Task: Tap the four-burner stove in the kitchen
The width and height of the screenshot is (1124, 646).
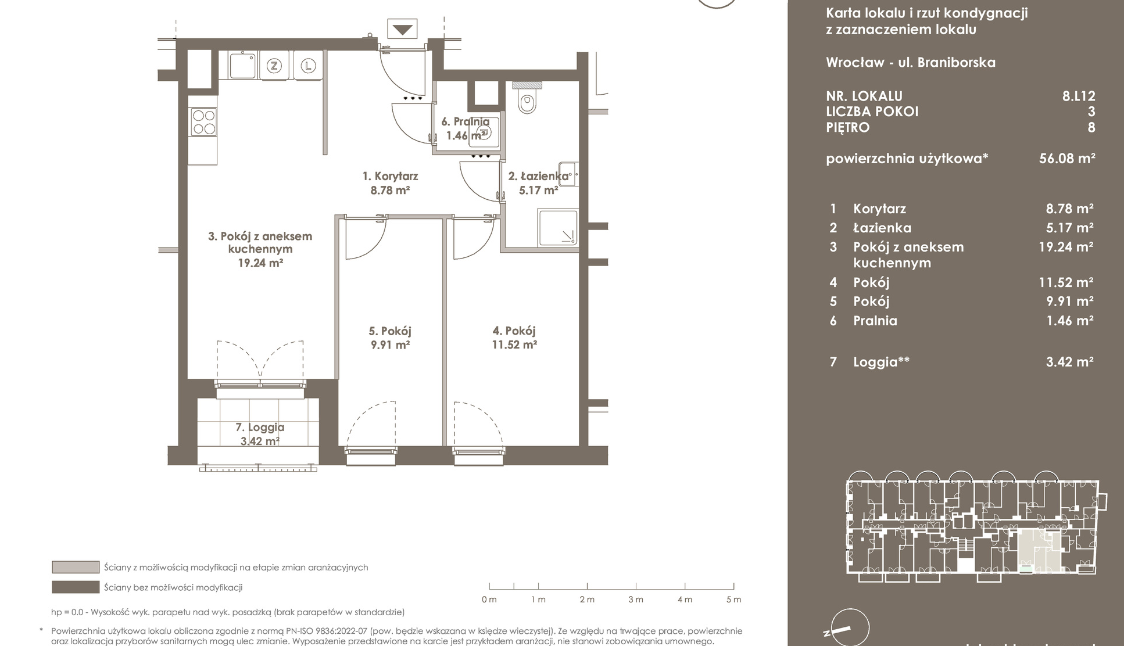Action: [204, 122]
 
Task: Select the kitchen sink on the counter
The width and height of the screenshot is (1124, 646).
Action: [242, 64]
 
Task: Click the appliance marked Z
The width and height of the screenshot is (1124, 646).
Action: [274, 66]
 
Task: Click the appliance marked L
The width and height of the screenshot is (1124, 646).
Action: [308, 66]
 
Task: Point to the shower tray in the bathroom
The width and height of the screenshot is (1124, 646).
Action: [558, 227]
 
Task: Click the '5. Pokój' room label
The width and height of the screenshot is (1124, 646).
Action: [390, 331]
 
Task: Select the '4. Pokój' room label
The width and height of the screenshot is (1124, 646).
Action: [514, 331]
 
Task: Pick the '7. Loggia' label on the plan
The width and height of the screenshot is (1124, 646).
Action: [260, 427]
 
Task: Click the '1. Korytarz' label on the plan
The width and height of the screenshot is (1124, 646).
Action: [390, 176]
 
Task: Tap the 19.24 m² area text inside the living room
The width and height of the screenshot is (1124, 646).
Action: [260, 263]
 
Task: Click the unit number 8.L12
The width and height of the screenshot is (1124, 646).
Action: [1079, 96]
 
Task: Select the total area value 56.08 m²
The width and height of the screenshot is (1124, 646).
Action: [1067, 158]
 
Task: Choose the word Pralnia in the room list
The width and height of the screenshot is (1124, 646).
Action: [875, 321]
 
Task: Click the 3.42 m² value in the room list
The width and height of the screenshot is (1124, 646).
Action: [1070, 362]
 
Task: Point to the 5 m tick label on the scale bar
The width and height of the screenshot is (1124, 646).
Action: [733, 600]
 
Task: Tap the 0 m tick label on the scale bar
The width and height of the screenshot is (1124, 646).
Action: [489, 600]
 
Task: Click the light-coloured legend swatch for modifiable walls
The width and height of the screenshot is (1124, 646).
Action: [76, 567]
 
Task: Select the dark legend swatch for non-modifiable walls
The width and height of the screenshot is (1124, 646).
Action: [76, 587]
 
